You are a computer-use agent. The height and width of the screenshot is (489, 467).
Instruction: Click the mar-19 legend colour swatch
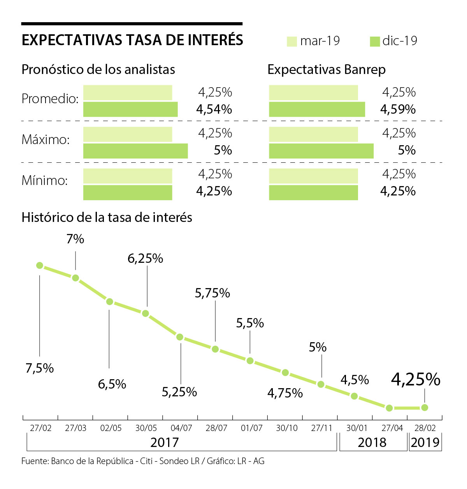292,41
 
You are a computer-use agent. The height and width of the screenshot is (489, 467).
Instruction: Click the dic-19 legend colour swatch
374,41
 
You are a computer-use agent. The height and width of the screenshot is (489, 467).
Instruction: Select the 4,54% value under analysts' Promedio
214,109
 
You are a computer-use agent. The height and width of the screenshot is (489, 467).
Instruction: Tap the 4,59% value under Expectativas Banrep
398,109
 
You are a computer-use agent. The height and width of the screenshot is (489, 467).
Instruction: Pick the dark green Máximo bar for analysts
135,151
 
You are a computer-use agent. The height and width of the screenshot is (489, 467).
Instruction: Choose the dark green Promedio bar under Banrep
317,109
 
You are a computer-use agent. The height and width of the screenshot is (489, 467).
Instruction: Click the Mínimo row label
45,180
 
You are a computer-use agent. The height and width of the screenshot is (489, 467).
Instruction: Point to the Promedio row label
50,99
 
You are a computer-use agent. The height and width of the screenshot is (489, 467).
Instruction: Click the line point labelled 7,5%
39,265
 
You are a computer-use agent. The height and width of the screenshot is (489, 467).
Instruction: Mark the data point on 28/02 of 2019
425,408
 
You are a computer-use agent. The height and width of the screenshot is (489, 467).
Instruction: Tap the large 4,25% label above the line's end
416,379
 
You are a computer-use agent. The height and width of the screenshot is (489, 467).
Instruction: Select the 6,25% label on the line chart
145,259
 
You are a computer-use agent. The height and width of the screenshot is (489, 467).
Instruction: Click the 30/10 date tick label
287,428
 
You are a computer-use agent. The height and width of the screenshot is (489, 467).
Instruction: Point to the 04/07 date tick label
181,428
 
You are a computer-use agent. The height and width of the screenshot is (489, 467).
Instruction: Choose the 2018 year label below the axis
372,442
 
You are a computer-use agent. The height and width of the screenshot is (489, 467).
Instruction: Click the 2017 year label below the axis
164,442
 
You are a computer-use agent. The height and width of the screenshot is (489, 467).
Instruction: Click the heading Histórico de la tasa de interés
107,217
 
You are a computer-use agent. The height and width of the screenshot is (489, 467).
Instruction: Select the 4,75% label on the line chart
285,393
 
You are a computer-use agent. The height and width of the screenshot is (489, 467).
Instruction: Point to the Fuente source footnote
143,461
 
